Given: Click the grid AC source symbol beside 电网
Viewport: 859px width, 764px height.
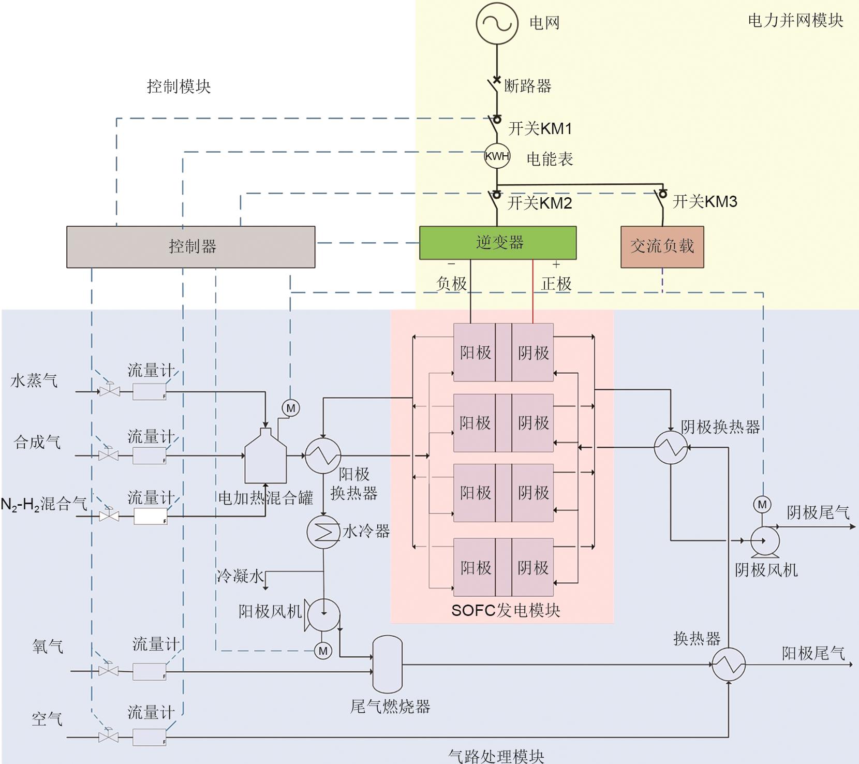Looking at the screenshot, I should click(497, 23).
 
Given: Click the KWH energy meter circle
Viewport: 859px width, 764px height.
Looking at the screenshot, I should click(497, 156).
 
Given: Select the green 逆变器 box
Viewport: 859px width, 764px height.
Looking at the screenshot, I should click(497, 242).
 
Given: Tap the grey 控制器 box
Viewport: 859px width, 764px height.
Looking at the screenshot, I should click(190, 246).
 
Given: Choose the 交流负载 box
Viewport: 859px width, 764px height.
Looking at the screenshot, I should click(662, 246).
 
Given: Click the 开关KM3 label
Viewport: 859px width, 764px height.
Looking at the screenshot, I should click(704, 201).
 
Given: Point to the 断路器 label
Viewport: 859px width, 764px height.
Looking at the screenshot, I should click(527, 85).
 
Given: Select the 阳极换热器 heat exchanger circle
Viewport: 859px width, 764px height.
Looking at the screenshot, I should click(322, 456).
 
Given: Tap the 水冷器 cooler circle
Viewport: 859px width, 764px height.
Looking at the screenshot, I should click(323, 532).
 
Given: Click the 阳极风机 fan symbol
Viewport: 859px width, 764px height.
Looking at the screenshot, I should click(323, 614).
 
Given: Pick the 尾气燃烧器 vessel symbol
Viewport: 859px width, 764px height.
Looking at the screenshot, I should click(388, 664).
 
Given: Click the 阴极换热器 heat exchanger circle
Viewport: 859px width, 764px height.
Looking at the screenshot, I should click(671, 447).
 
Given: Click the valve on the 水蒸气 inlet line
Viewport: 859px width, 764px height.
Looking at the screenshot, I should click(109, 391).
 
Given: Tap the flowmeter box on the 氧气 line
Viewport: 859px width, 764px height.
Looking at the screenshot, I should click(150, 671).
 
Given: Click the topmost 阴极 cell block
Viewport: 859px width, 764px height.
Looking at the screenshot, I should click(532, 352).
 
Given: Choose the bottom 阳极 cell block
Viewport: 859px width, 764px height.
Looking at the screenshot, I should click(475, 567).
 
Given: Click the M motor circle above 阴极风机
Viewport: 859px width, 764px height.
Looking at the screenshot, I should click(762, 505).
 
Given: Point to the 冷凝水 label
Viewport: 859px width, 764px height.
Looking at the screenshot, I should click(240, 576).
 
